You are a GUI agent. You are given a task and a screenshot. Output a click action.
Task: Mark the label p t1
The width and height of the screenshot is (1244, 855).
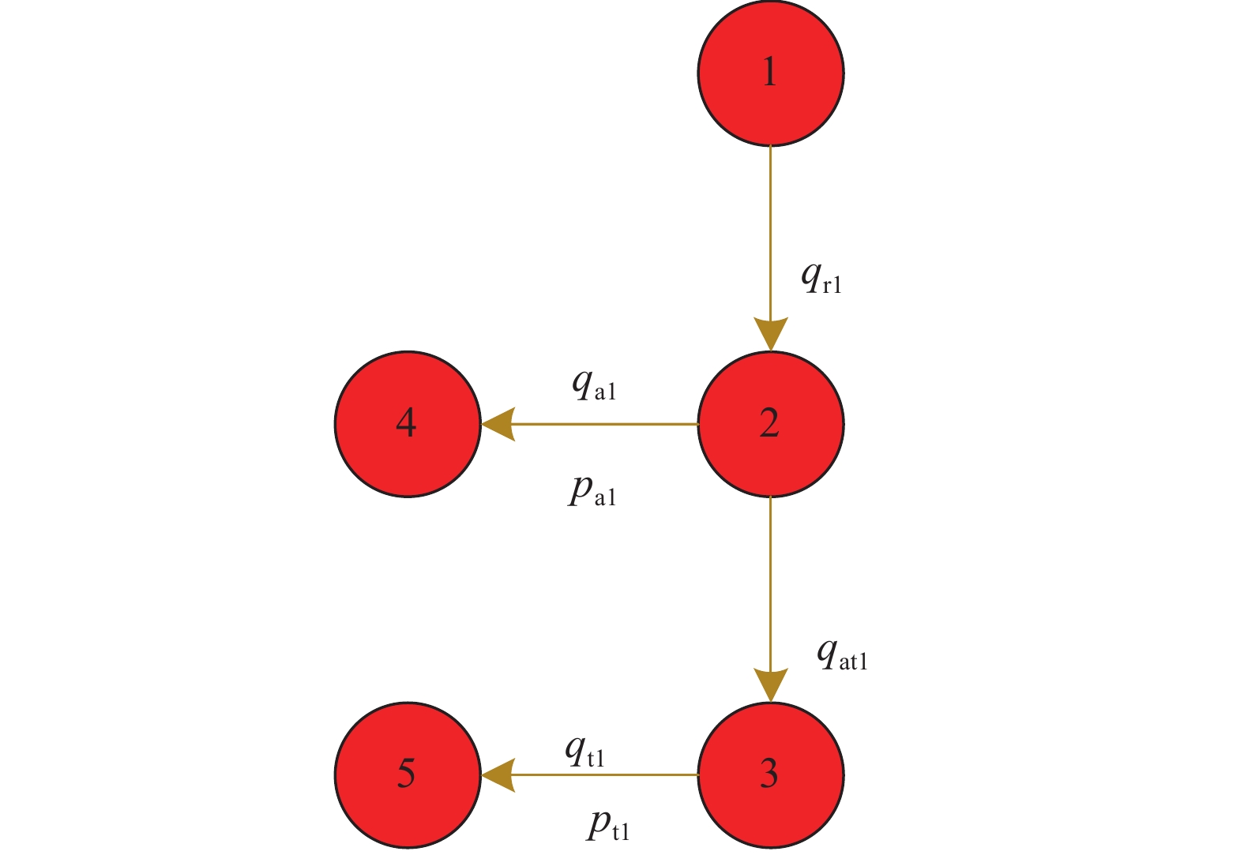(x=609, y=827)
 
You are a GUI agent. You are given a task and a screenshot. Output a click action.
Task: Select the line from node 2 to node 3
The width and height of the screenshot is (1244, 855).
(x=770, y=584)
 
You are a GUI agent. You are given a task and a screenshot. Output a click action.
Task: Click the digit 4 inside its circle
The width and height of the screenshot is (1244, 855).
(x=406, y=424)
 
